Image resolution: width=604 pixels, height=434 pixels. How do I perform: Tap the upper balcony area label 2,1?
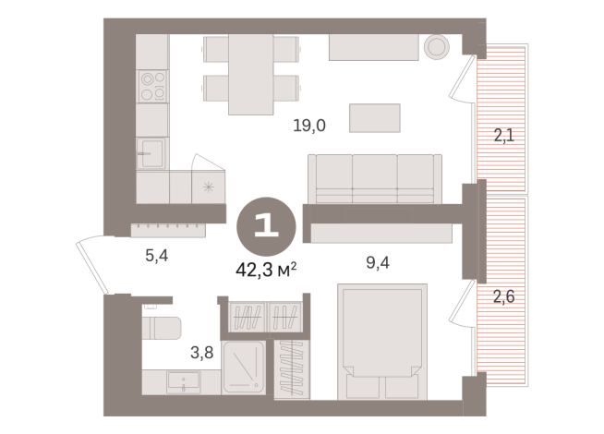(503, 137)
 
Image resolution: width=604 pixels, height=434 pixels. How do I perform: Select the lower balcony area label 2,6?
(503, 298)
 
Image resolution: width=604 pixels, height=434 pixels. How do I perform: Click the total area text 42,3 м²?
(269, 269)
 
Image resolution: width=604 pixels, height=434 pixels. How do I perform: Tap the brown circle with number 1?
(268, 225)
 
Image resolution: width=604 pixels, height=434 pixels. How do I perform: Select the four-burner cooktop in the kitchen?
(152, 86)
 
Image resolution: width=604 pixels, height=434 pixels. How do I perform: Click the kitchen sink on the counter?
(151, 152)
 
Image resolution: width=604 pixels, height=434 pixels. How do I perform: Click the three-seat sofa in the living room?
(375, 178)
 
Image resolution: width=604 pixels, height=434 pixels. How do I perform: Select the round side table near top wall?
(435, 46)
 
